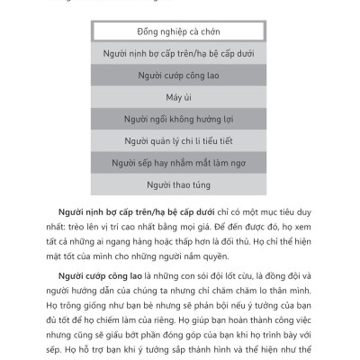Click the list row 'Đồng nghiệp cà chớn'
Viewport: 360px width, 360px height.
click(x=179, y=32)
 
